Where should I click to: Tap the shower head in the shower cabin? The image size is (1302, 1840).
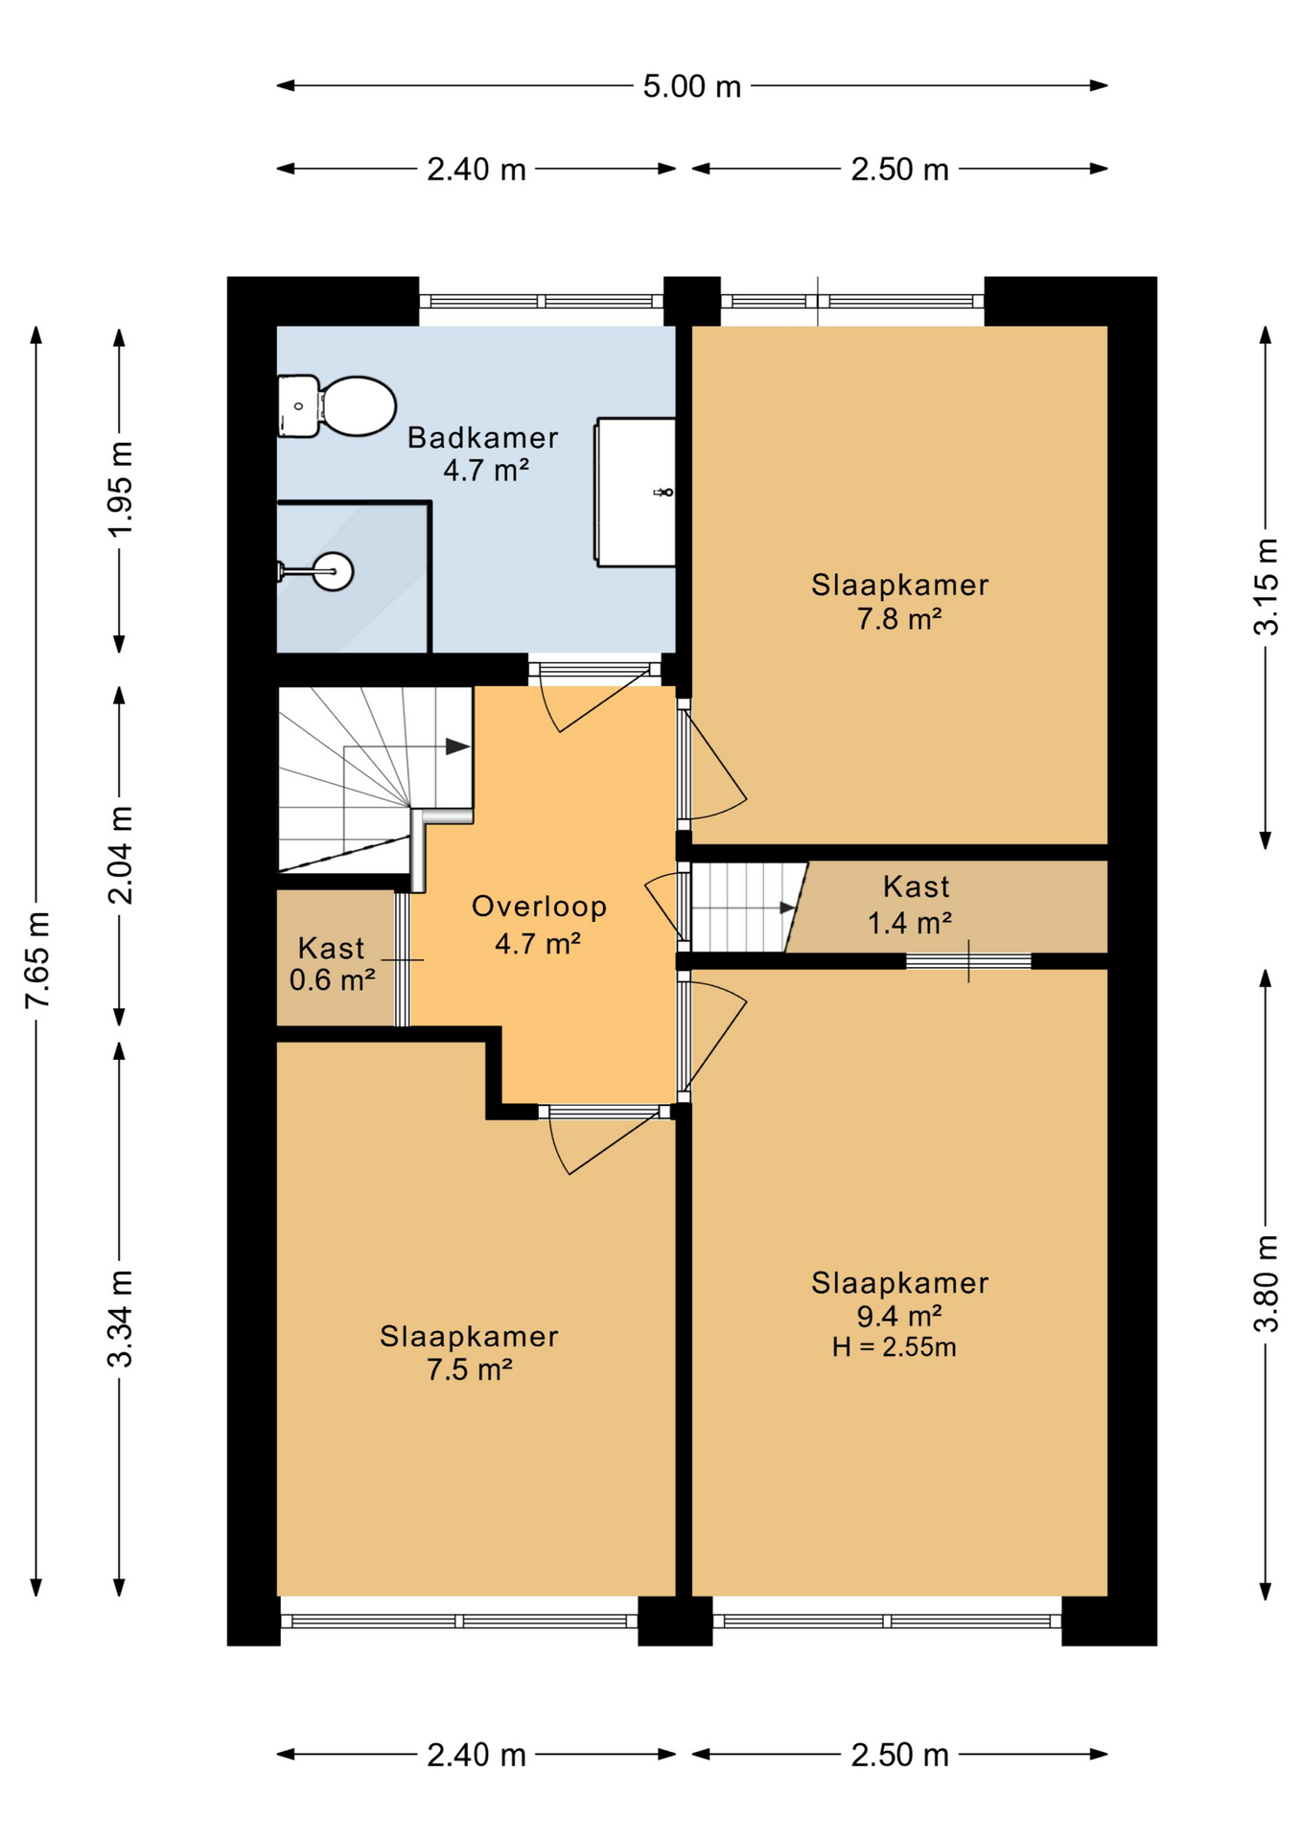332,572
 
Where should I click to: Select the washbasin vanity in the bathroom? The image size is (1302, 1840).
636,493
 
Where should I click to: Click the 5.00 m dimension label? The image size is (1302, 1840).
691,86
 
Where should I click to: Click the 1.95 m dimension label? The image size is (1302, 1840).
121,490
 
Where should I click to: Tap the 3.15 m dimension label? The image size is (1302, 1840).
1267,586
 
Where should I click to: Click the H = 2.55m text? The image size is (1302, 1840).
894,1347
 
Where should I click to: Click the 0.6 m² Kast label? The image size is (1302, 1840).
332,963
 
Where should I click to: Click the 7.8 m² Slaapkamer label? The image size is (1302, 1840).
899,602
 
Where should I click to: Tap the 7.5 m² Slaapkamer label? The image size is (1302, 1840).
469,1352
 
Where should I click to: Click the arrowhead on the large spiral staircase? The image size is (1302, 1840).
458,747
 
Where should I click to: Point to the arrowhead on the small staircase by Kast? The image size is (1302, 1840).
788,907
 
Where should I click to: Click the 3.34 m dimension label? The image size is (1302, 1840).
121,1318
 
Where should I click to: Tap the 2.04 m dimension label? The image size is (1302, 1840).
121,855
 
